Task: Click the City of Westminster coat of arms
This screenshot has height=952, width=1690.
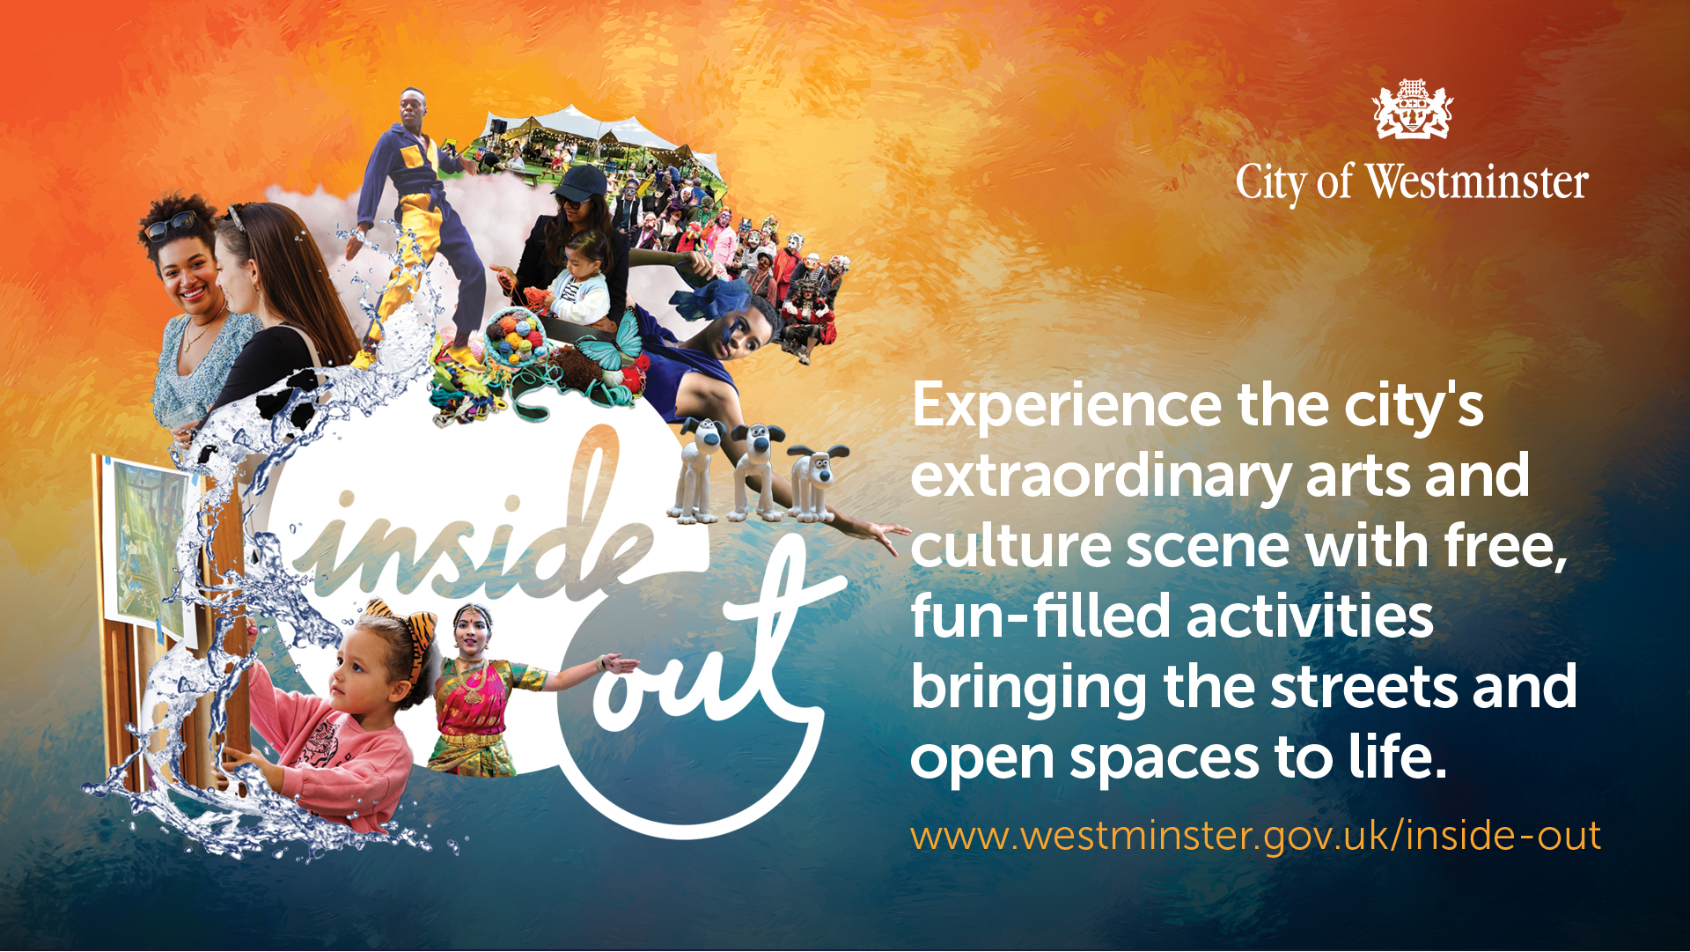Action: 1412,109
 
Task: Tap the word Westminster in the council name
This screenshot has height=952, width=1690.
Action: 1476,182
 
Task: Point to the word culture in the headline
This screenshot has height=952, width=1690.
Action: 1011,546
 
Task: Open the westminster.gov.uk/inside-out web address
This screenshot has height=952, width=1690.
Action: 1255,836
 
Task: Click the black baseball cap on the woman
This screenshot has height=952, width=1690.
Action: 581,183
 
